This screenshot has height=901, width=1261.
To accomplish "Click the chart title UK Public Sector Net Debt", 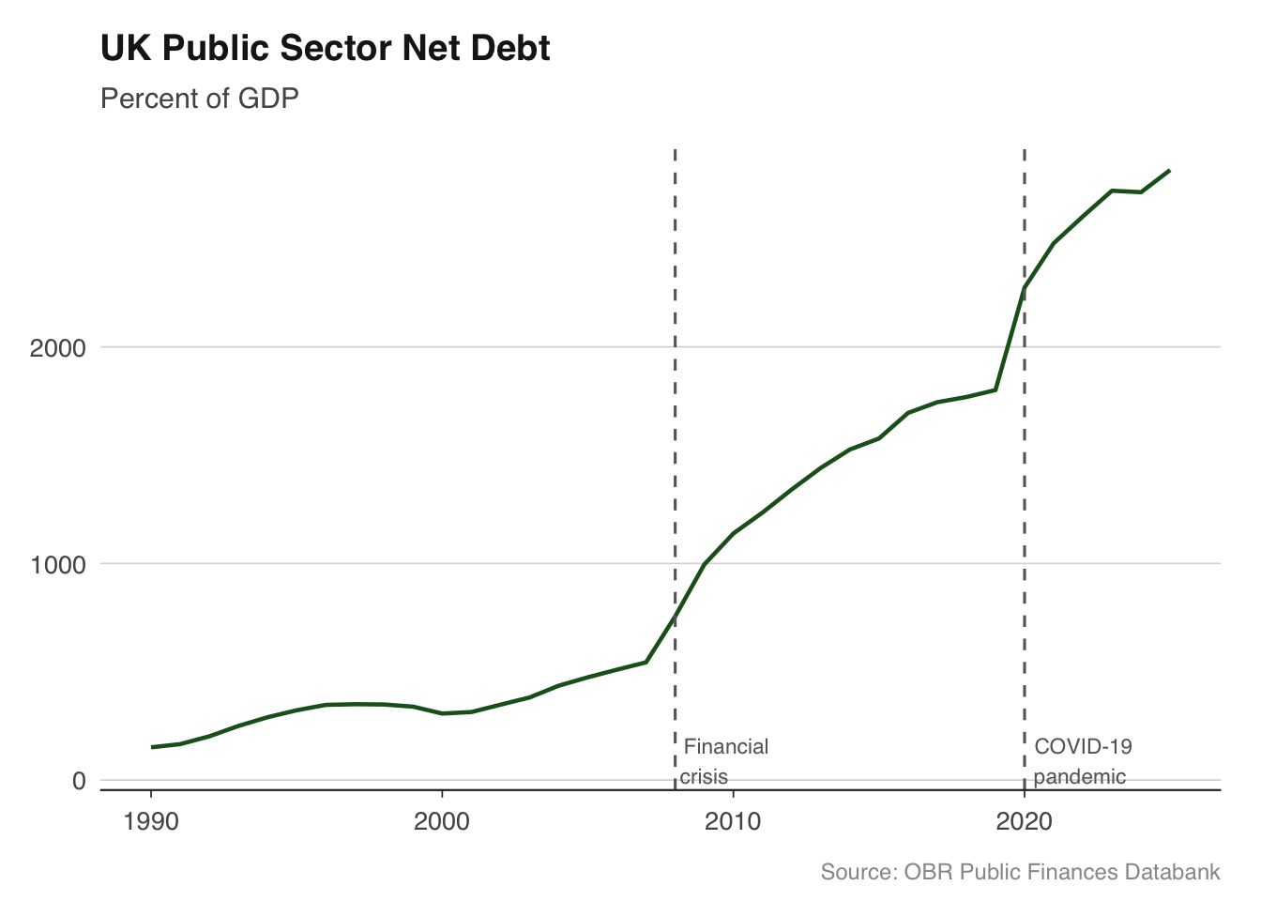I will tap(325, 49).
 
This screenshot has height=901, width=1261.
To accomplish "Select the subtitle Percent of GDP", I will tap(199, 99).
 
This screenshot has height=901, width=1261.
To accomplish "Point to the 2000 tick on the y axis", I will tap(58, 348).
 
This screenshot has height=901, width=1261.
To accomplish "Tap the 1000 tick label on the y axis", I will tap(58, 565).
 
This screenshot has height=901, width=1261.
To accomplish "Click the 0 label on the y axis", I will tap(79, 781).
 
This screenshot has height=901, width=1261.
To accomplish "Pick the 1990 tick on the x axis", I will tap(151, 822).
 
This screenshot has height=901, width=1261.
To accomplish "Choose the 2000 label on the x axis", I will tap(442, 822).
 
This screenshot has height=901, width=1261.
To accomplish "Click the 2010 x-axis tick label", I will tap(733, 822).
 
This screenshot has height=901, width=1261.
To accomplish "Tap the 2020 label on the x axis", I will tap(1024, 822).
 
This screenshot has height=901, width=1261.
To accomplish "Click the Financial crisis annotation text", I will tap(724, 761).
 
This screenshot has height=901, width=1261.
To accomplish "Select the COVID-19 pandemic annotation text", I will tap(1082, 761).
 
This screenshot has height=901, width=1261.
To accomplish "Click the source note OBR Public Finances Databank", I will tap(1020, 872).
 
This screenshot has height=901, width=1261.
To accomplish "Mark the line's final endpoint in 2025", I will tap(1169, 171).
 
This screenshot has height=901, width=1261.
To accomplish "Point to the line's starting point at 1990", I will tap(152, 747).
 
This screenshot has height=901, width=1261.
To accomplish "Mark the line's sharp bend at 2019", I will tap(995, 389).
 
